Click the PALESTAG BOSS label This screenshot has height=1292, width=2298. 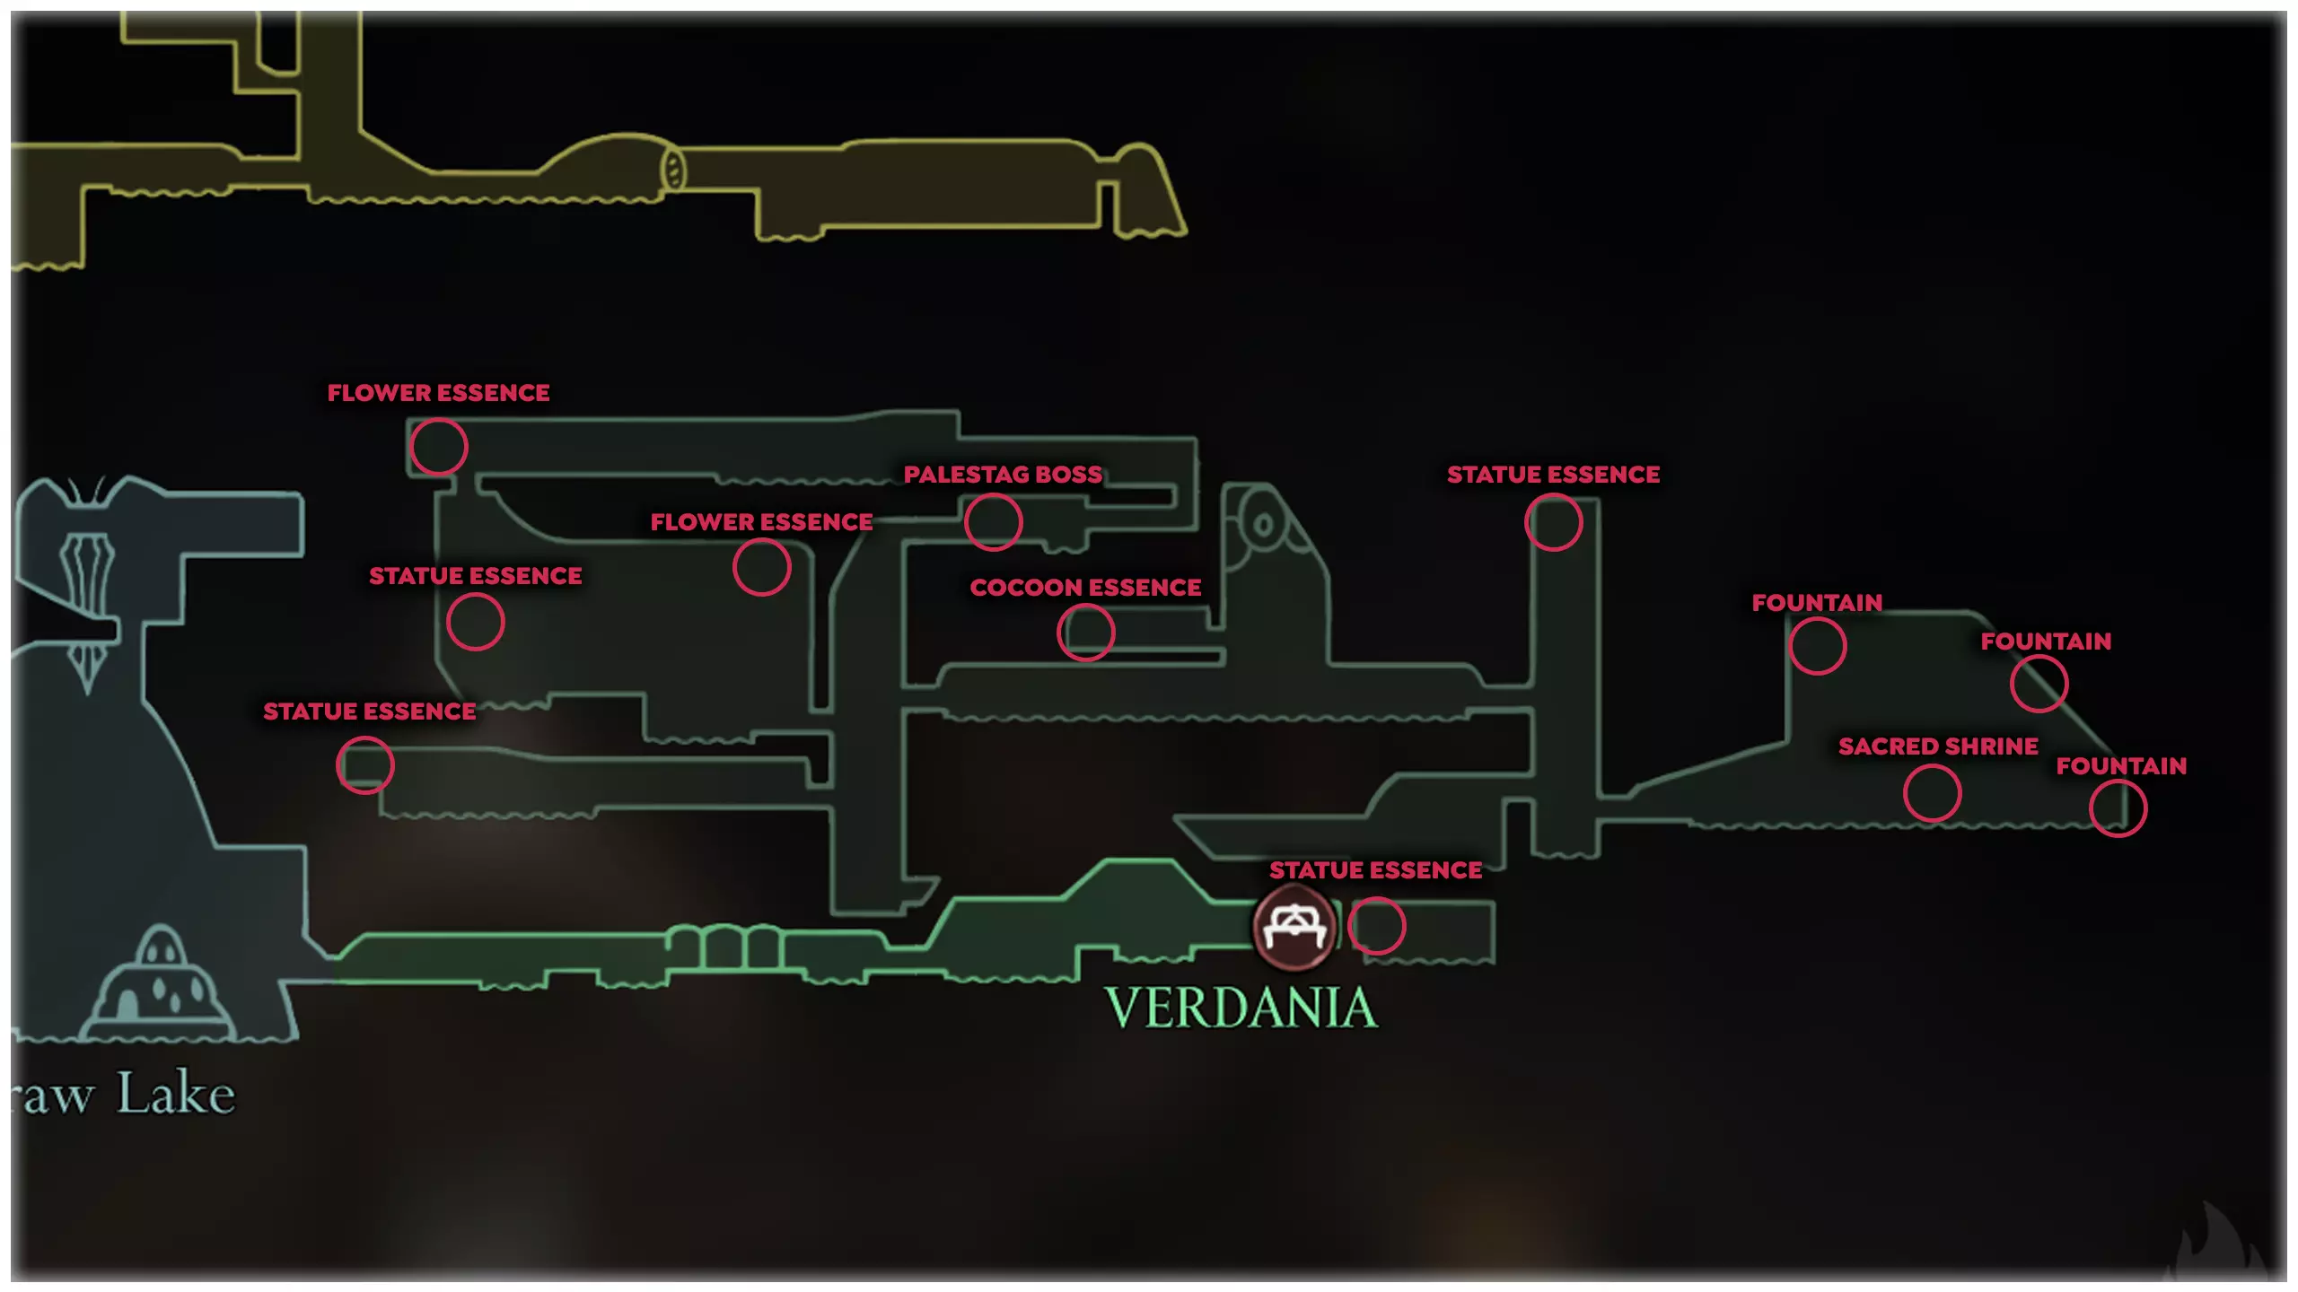coord(1003,474)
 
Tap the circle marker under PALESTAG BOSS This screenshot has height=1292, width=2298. coord(993,522)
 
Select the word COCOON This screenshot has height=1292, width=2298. coord(1024,588)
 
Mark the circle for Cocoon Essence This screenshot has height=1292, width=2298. coord(1086,633)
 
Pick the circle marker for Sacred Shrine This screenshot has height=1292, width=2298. coord(1932,793)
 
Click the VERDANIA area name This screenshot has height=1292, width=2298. coord(1241,1008)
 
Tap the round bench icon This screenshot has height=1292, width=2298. coord(1294,928)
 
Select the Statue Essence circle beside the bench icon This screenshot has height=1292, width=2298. coord(1376,926)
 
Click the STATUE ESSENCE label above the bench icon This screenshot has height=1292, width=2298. coord(1375,870)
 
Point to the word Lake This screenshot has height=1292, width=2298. coord(177,1094)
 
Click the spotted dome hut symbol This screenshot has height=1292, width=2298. coord(160,983)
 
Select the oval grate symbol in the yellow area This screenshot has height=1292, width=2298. coord(673,170)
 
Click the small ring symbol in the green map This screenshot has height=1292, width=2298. coord(1263,524)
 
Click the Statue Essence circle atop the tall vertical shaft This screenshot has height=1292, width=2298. coord(1553,522)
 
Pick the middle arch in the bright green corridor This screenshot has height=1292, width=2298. coord(725,947)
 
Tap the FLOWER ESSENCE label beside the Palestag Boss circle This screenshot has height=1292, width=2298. coord(761,522)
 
